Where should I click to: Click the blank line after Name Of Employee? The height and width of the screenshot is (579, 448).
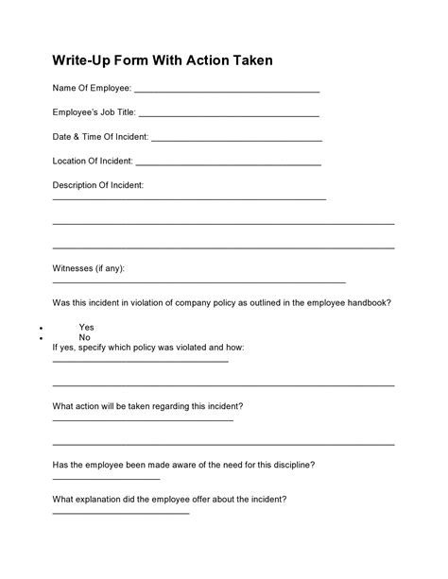click(x=227, y=92)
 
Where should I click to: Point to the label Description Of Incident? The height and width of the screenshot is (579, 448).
click(x=97, y=185)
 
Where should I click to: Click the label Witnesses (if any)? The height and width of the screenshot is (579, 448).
click(x=88, y=268)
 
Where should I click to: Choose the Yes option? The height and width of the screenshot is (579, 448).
click(x=86, y=327)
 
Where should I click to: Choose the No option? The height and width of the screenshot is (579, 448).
click(x=84, y=337)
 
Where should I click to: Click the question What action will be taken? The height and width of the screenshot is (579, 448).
click(x=147, y=406)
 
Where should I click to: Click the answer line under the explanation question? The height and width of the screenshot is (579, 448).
click(x=120, y=513)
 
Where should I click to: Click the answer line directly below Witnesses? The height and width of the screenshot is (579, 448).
click(x=198, y=282)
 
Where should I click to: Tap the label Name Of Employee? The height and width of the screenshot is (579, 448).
click(x=91, y=89)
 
